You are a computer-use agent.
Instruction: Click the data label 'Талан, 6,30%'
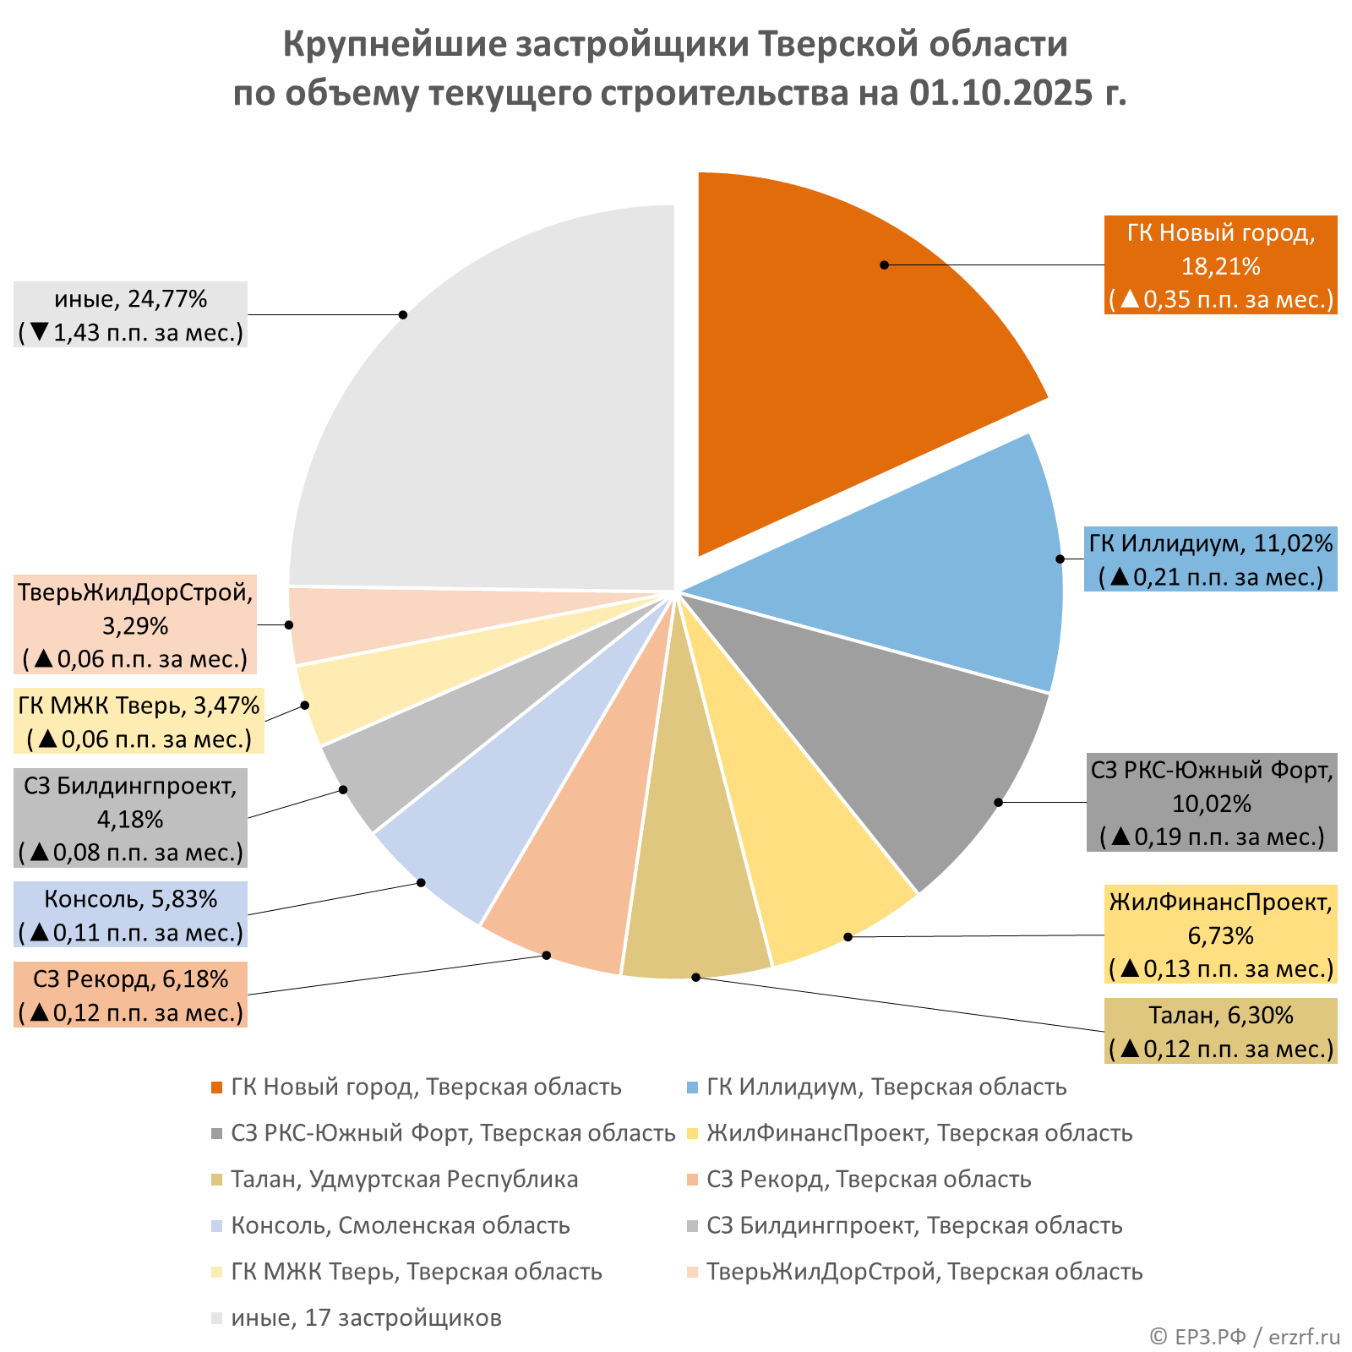click(x=1220, y=1031)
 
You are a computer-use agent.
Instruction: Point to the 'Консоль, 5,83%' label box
click(x=130, y=915)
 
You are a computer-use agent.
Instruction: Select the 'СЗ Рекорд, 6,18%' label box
click(x=130, y=995)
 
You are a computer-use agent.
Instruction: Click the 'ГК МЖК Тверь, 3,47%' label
click(x=139, y=721)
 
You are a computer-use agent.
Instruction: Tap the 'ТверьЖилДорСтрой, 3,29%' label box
click(x=135, y=625)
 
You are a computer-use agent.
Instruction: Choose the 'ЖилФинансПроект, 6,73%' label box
click(x=1220, y=935)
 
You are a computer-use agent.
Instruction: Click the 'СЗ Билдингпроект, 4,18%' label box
click(x=130, y=818)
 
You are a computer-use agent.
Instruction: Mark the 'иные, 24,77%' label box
click(x=130, y=314)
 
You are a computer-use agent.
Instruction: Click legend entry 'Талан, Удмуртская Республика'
click(x=404, y=1180)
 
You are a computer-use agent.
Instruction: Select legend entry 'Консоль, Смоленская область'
click(x=400, y=1225)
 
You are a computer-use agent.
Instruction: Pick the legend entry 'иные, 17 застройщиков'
click(x=366, y=1317)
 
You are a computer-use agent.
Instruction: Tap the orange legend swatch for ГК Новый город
click(x=217, y=1088)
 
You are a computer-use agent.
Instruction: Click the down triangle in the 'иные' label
click(x=38, y=332)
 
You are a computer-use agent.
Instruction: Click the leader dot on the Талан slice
click(x=695, y=977)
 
